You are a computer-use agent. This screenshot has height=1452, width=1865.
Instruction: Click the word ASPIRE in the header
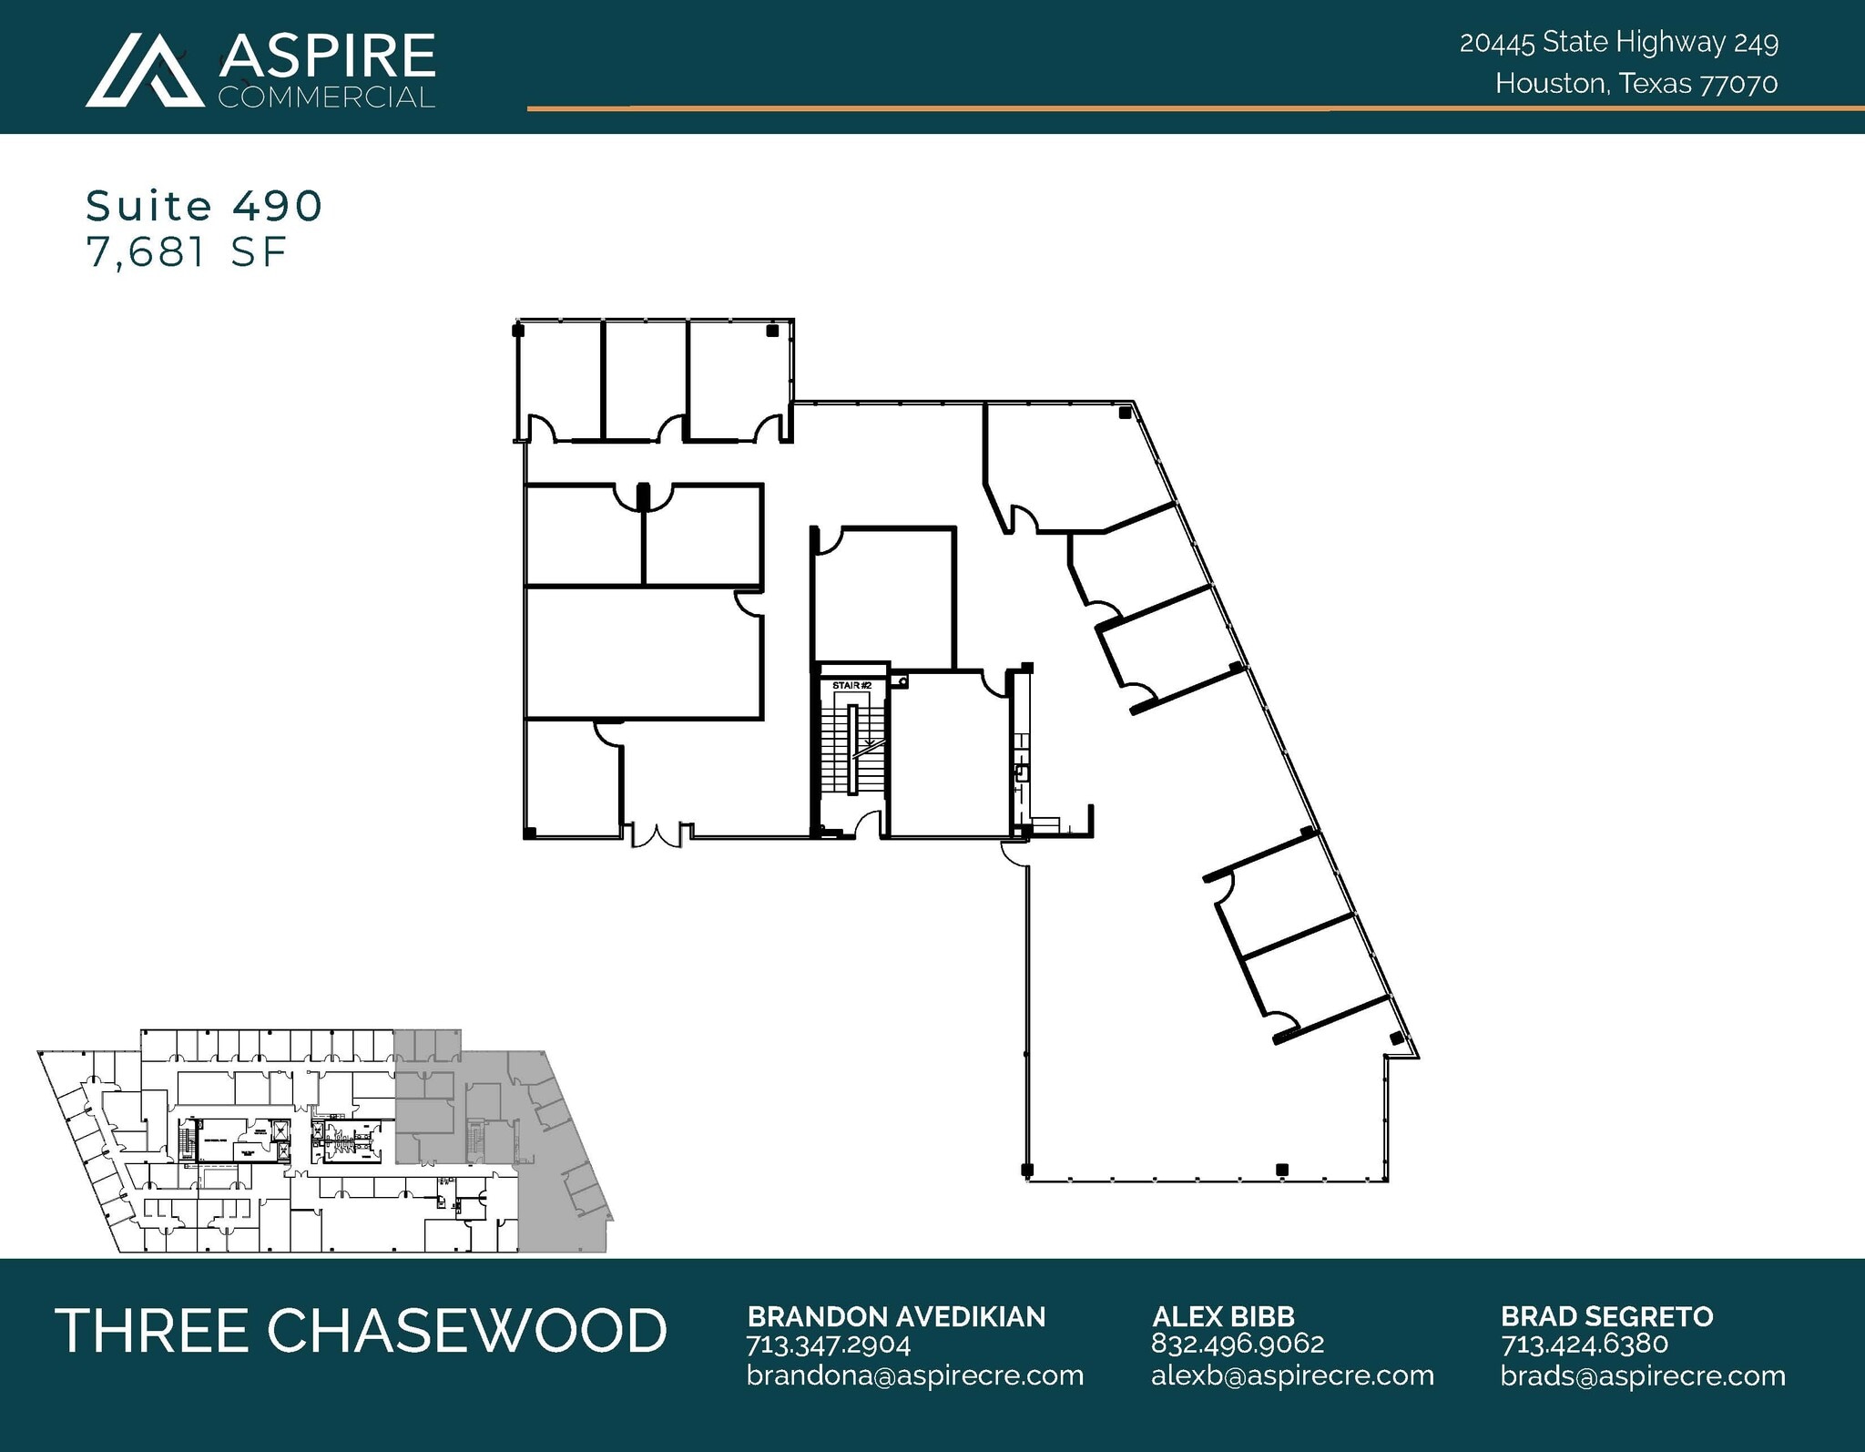327,56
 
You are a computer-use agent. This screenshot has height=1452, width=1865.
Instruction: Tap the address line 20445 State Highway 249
1618,42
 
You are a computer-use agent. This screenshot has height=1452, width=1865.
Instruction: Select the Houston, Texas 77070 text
1636,84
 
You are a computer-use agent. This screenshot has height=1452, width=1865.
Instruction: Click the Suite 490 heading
204,206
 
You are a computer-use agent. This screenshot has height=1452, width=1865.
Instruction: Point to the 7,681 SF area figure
187,252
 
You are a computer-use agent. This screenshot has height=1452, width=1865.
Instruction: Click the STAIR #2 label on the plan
851,685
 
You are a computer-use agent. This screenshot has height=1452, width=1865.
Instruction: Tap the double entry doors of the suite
657,833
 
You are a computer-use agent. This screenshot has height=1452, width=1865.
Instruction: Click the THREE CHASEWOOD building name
361,1330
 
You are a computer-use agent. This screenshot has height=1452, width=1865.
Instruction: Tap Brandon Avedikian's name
896,1316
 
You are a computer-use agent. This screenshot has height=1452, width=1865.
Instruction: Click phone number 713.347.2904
828,1345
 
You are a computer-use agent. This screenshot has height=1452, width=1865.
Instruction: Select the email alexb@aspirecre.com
1292,1375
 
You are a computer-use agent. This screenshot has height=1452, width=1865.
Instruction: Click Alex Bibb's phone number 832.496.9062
1237,1344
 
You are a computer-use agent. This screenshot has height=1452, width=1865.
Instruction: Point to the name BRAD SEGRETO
1606,1316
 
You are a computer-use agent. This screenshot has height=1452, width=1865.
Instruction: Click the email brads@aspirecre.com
1643,1375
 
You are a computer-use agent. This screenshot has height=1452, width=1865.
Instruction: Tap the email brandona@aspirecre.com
915,1375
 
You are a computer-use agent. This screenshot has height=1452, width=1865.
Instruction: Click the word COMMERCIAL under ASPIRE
326,97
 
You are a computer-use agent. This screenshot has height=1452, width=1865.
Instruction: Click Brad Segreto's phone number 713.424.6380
1584,1345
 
